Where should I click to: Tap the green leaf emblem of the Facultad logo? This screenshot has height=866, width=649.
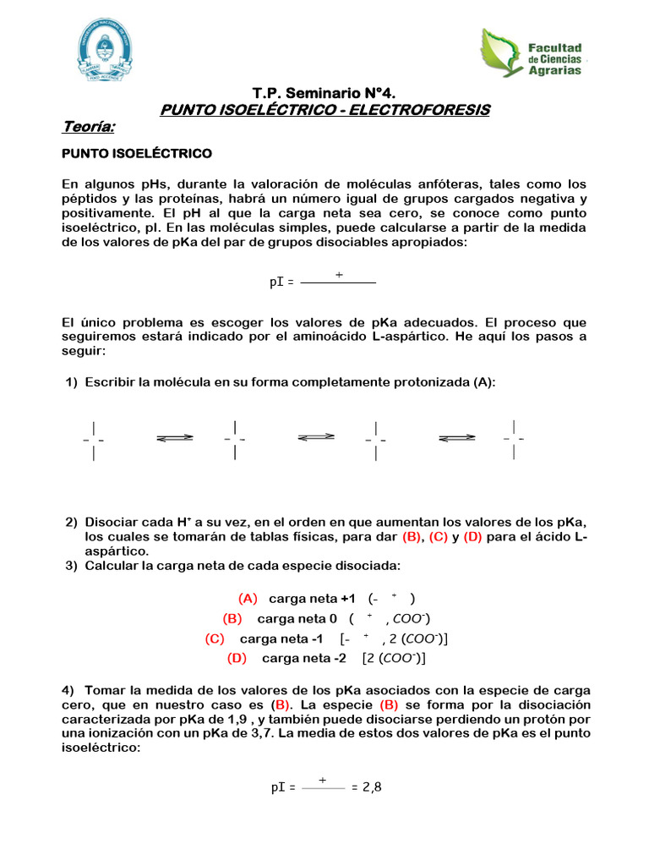502,52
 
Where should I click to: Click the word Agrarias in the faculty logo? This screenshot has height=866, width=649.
554,71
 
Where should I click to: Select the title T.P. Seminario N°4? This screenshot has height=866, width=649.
324,92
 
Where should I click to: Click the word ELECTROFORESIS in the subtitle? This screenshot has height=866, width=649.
423,110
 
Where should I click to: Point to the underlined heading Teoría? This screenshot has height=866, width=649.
89,127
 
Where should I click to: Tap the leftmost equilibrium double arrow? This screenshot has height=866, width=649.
175,438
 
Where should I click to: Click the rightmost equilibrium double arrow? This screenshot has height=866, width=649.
457,438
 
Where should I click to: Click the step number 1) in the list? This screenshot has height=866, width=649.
73,382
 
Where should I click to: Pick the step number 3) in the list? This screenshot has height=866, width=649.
73,565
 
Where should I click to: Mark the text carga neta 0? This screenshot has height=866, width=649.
297,618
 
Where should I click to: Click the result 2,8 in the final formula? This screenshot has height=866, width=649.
372,787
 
